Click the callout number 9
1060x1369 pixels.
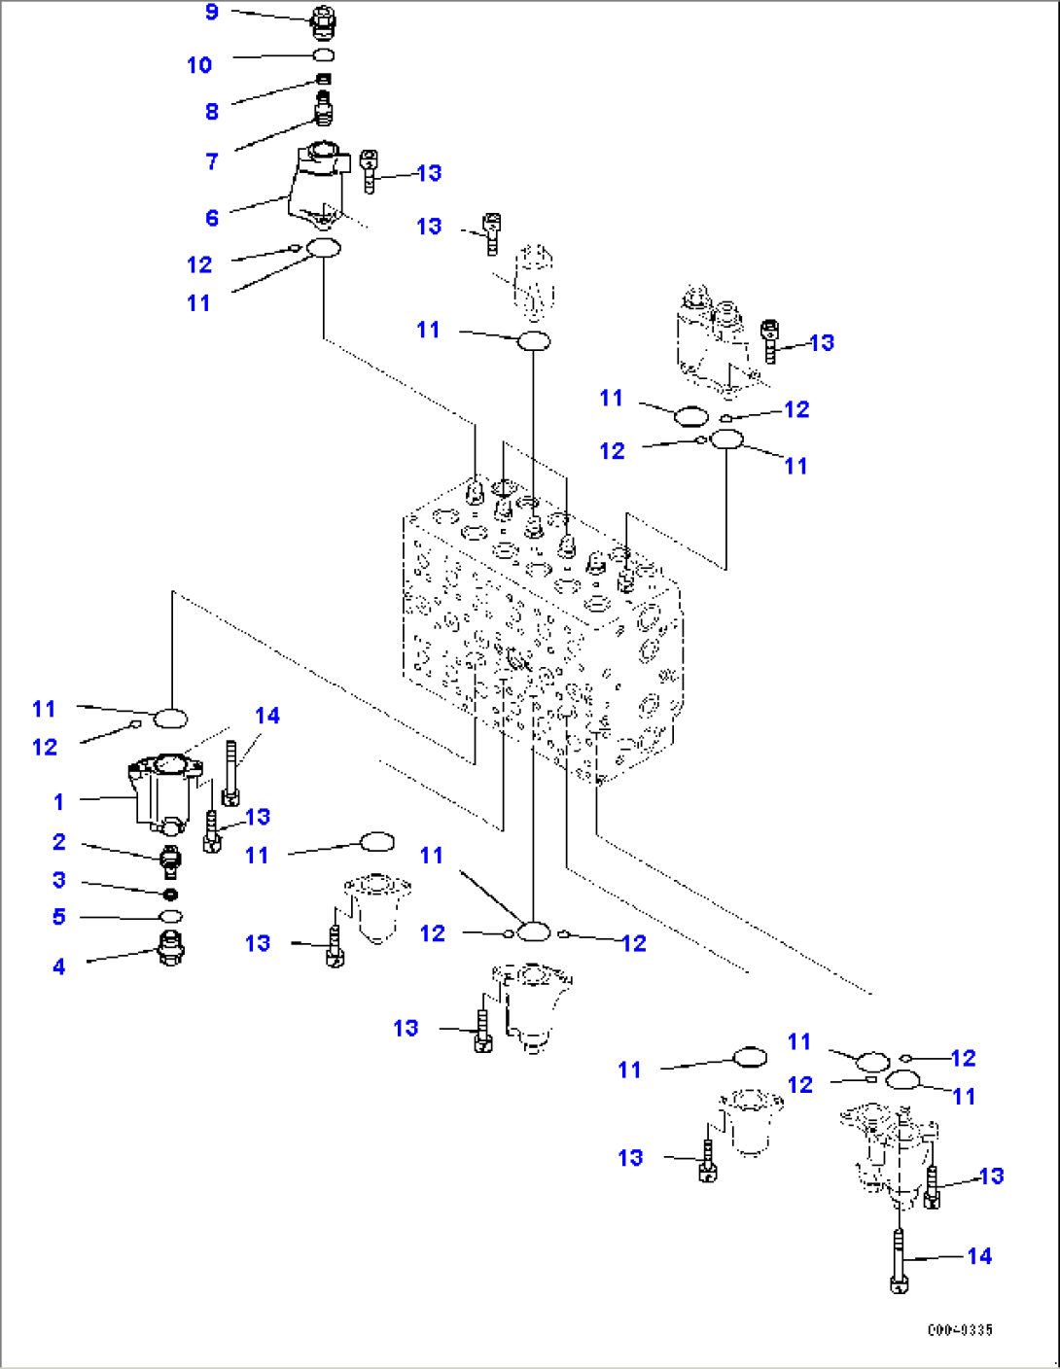pyautogui.click(x=212, y=13)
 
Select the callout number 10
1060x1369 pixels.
pyautogui.click(x=199, y=65)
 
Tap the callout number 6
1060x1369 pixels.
pyautogui.click(x=212, y=218)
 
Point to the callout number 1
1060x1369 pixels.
pyautogui.click(x=58, y=802)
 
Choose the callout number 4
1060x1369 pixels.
pyautogui.click(x=59, y=966)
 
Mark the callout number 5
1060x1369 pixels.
pyautogui.click(x=59, y=917)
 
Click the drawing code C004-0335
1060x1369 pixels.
pyautogui.click(x=960, y=1330)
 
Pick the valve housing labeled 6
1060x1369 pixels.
pyautogui.click(x=317, y=185)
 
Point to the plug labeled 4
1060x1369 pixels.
pyautogui.click(x=171, y=947)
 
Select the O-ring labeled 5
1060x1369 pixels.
pyautogui.click(x=171, y=917)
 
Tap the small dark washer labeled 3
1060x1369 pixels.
pyautogui.click(x=171, y=894)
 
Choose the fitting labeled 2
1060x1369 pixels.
pyautogui.click(x=170, y=860)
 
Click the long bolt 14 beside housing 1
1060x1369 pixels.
pyautogui.click(x=230, y=774)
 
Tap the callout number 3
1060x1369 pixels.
pyautogui.click(x=59, y=880)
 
